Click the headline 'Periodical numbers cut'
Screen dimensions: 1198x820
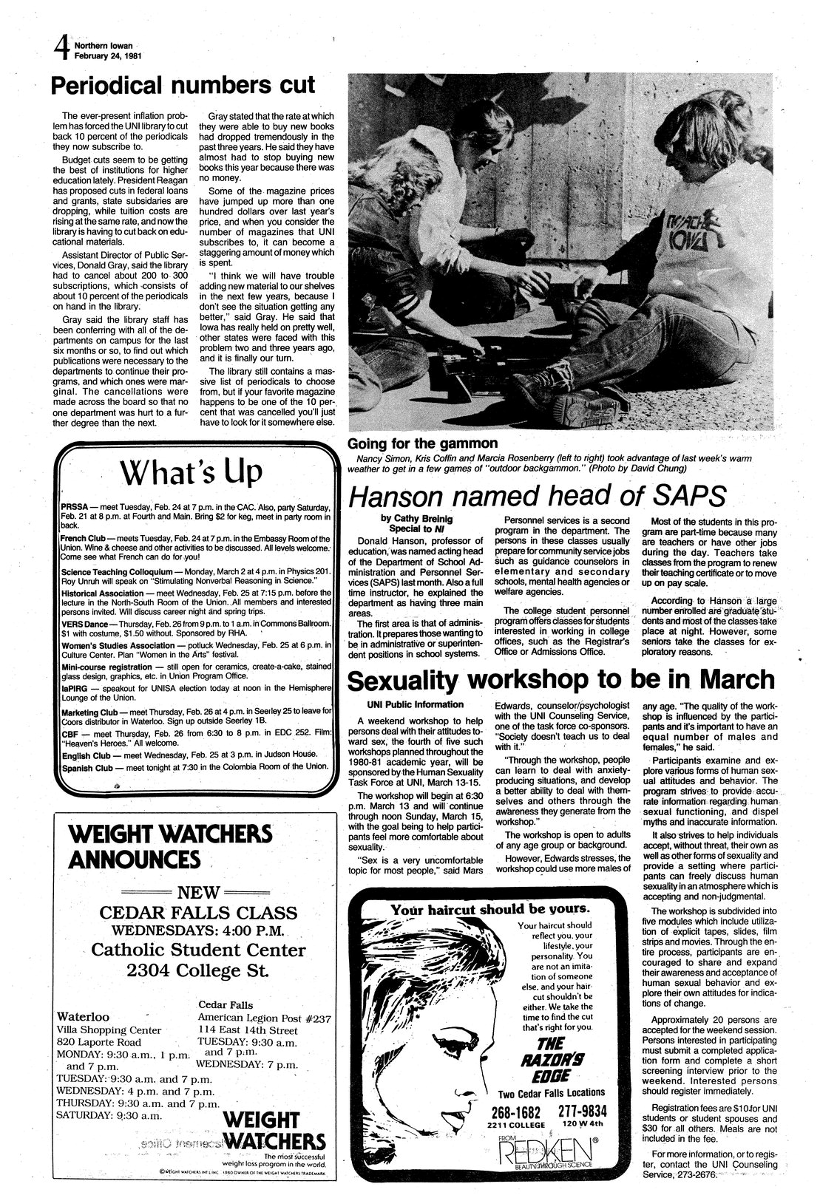tap(183, 86)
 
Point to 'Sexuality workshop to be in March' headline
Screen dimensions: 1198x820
tap(561, 678)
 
